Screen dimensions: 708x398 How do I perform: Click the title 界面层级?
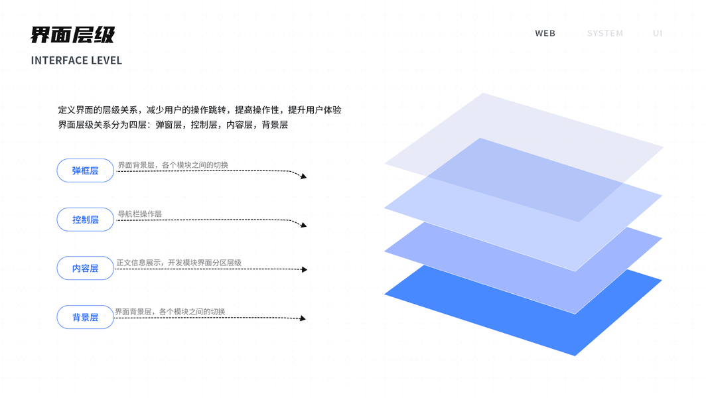tap(72, 34)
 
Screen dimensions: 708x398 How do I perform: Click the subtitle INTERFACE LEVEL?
tap(76, 60)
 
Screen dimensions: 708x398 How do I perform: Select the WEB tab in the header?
tap(545, 33)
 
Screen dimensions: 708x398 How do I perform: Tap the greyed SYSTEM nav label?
tap(604, 33)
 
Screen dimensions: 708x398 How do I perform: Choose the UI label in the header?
tap(657, 33)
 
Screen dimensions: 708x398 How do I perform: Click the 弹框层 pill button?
tap(85, 170)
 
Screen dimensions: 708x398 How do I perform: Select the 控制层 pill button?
tap(85, 220)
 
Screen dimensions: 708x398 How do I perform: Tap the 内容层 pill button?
tap(85, 268)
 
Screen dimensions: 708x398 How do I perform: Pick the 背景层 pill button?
tap(85, 317)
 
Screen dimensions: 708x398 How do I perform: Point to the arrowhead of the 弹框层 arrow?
tap(303, 176)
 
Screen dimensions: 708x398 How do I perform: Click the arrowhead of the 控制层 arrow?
tap(303, 226)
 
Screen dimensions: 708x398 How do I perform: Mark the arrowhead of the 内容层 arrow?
tap(305, 270)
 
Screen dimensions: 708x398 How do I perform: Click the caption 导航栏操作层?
tap(139, 214)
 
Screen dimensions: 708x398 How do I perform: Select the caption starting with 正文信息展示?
tap(178, 263)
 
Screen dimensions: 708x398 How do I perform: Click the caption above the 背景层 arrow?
tap(170, 311)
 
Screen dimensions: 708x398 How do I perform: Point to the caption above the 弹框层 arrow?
tap(173, 165)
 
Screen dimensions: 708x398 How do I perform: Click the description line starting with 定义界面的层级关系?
tap(200, 110)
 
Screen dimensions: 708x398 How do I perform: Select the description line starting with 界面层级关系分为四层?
tap(173, 125)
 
